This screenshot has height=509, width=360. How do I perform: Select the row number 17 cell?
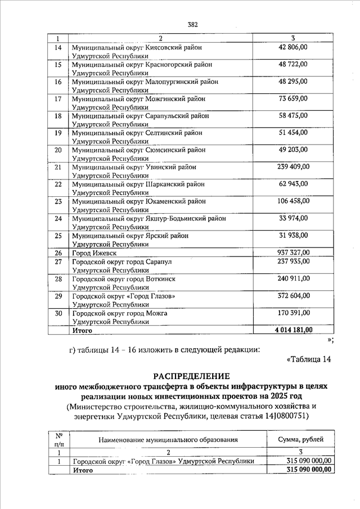point(57,98)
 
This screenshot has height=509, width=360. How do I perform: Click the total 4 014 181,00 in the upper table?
point(293,330)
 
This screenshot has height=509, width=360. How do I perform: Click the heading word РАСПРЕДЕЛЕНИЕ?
point(188,375)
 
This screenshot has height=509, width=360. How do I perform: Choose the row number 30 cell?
point(57,313)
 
